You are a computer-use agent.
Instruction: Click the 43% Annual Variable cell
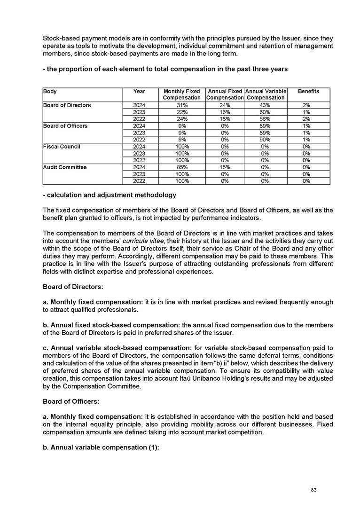pos(266,105)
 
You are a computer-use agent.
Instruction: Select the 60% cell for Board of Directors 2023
pos(266,112)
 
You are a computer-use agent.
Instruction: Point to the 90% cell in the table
pos(266,139)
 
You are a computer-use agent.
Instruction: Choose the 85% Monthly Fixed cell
pos(181,167)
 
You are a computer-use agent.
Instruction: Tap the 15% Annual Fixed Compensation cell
pos(225,167)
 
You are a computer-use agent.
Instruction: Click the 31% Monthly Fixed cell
pos(181,105)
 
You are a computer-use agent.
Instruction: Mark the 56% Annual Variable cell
pos(266,119)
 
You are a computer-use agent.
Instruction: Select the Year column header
pos(139,91)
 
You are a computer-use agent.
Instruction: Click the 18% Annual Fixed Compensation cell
pos(225,119)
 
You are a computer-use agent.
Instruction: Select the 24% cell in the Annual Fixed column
pos(225,105)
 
